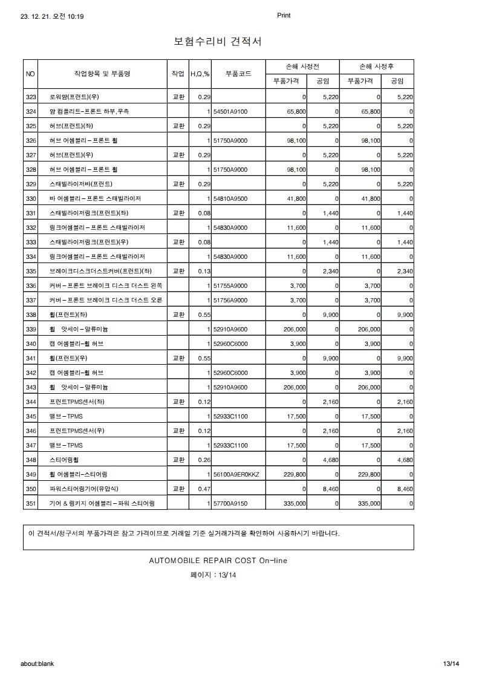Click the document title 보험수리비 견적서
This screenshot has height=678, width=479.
coord(218,41)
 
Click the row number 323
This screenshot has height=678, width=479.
coord(31,97)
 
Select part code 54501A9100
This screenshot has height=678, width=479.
coord(230,111)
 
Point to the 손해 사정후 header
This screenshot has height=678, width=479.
coord(377,65)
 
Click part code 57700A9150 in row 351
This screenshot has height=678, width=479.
coord(230,503)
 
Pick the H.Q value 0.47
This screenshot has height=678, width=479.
coord(204,489)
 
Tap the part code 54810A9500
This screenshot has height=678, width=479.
coord(230,198)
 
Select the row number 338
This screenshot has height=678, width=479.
coord(31,315)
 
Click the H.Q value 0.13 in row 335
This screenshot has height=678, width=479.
coord(204,271)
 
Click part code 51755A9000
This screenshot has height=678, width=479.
coord(230,285)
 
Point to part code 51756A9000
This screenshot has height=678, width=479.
coord(230,300)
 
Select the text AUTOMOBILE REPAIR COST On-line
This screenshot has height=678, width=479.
coord(218,560)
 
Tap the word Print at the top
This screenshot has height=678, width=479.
coord(284,16)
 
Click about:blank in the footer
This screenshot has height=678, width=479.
coord(37,663)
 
